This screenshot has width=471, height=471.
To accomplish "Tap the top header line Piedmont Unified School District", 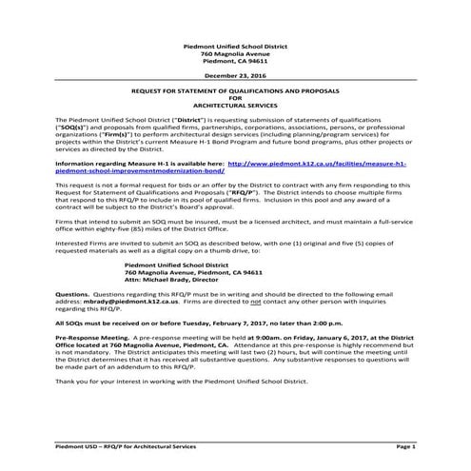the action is (236, 45).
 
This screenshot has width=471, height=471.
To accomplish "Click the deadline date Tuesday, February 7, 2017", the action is (232, 323).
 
